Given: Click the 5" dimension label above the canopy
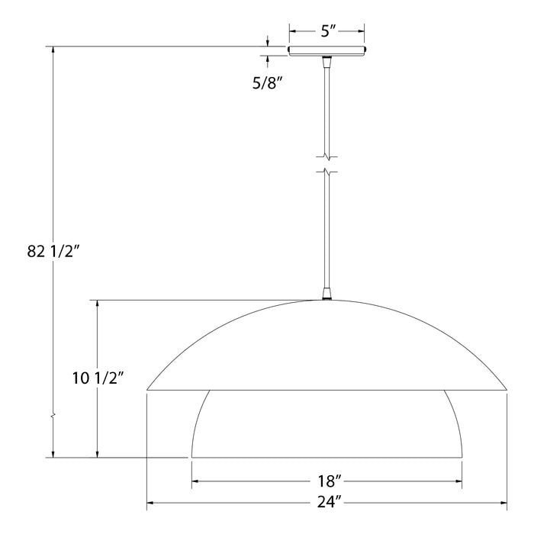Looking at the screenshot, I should pos(327,32).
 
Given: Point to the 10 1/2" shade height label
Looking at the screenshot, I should pos(97,379).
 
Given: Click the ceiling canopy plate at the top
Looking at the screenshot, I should pos(327,51).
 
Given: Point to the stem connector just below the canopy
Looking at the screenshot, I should pos(327,63).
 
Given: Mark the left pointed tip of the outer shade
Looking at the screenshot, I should pos(148,390).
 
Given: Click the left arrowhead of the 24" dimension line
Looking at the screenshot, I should pos(150,503).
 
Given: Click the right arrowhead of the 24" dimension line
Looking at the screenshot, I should pos(503,503).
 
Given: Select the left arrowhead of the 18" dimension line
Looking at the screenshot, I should pos(195,481).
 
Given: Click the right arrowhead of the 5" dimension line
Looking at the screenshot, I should pos(360,32).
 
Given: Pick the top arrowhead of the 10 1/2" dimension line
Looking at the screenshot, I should pos(97,303).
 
